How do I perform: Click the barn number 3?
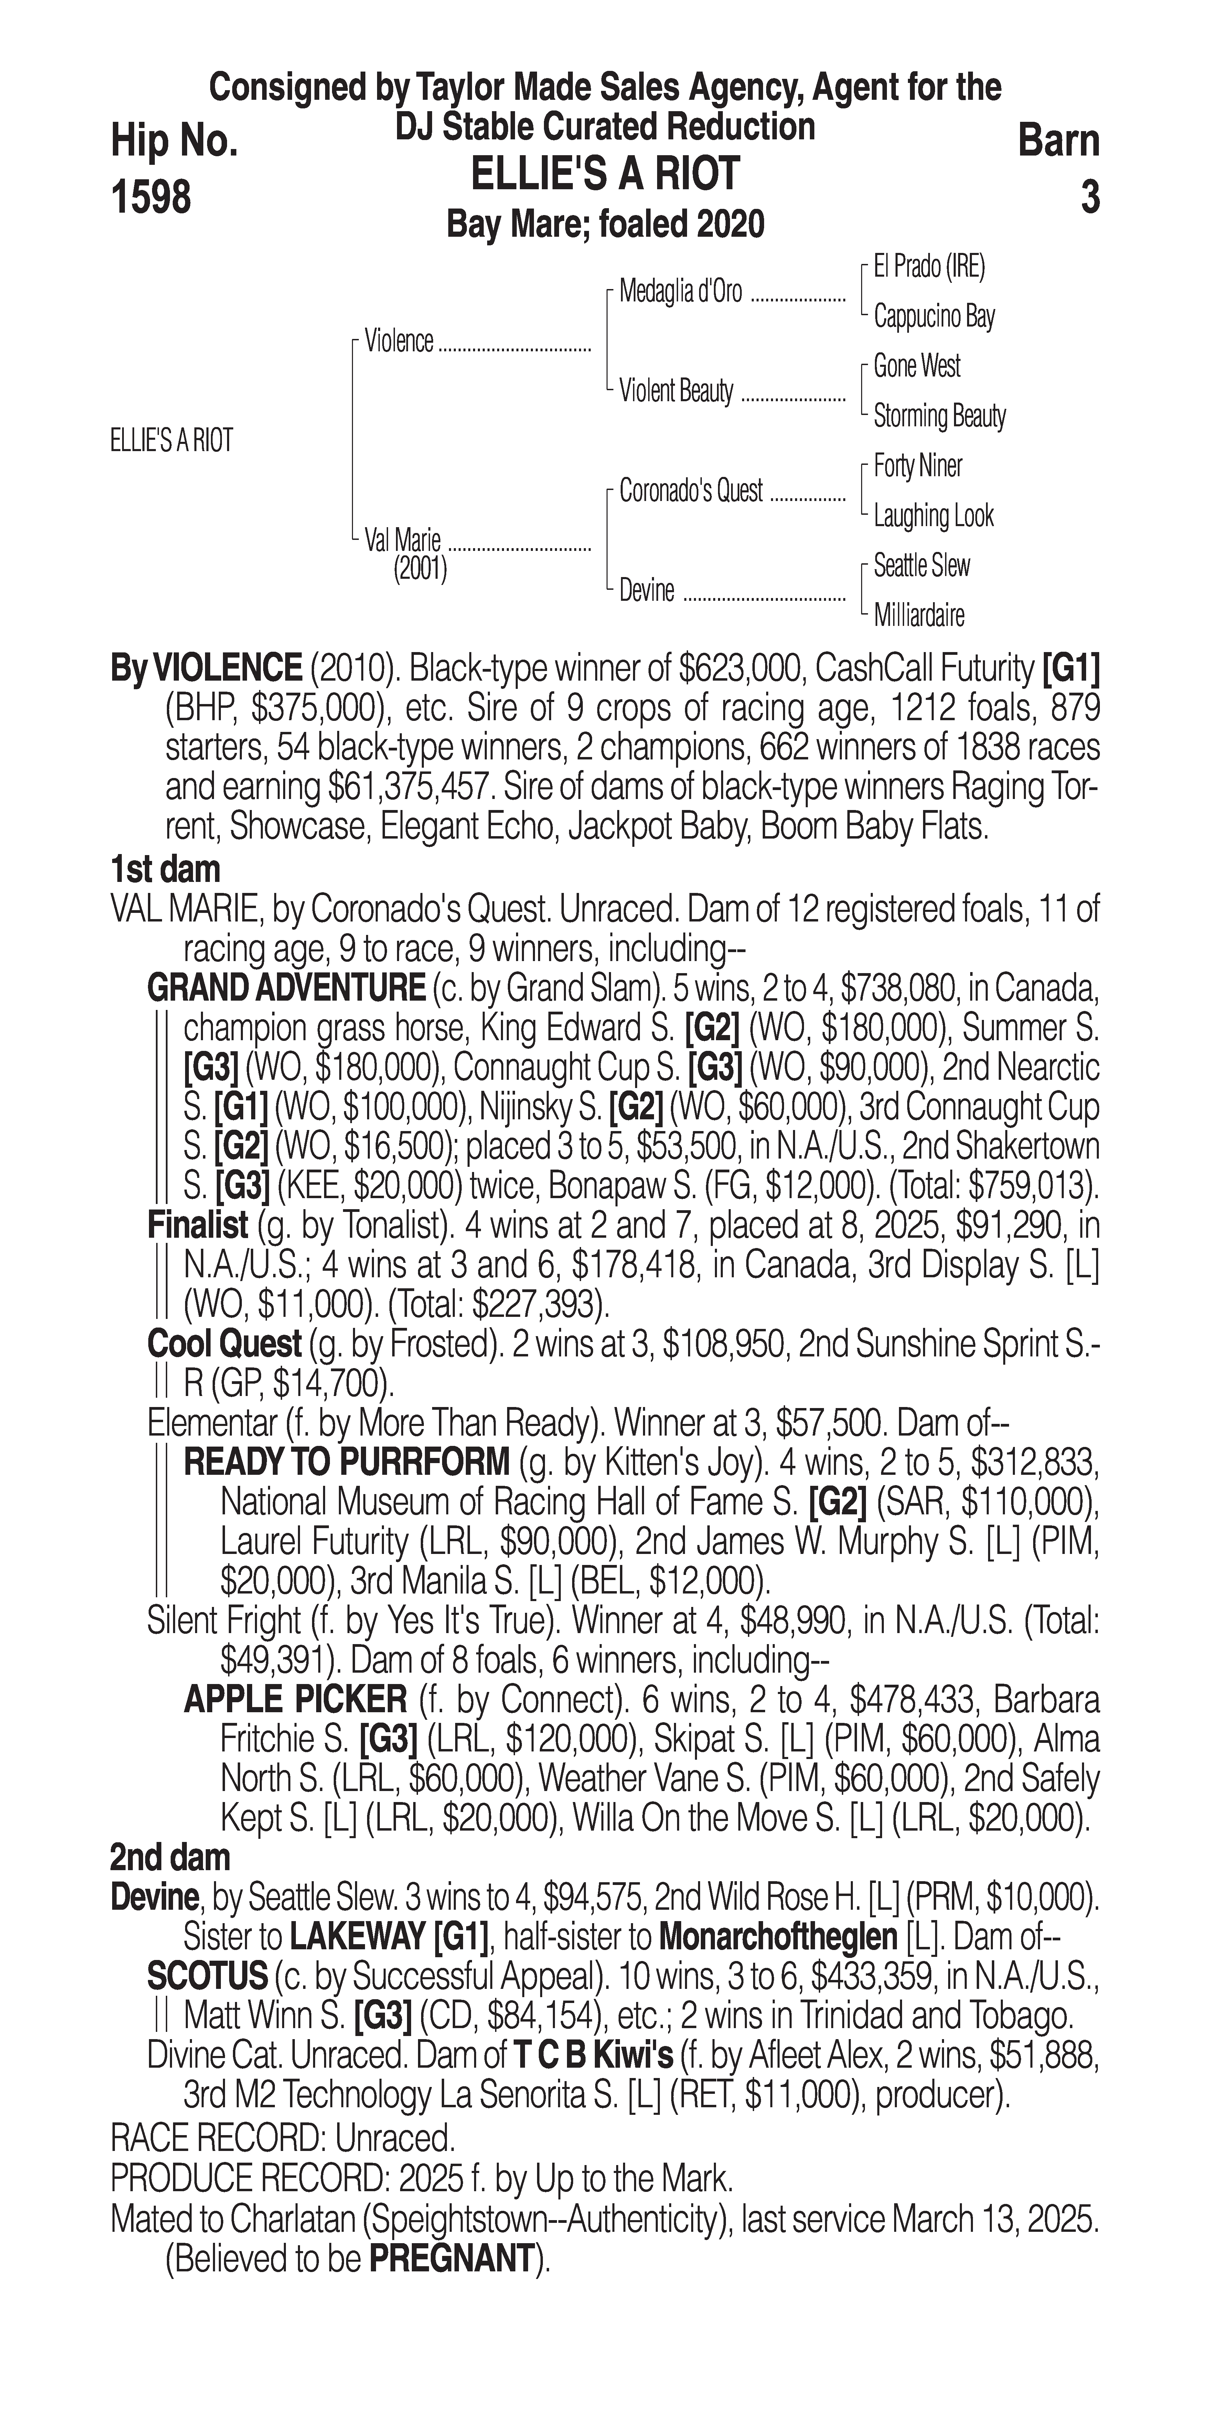coord(1089,197)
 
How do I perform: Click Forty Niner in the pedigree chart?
coord(917,466)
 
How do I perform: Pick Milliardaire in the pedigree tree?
coord(918,616)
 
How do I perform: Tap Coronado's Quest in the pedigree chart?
coord(691,491)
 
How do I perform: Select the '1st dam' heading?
coord(165,870)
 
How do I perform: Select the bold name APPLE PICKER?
coord(295,1699)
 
